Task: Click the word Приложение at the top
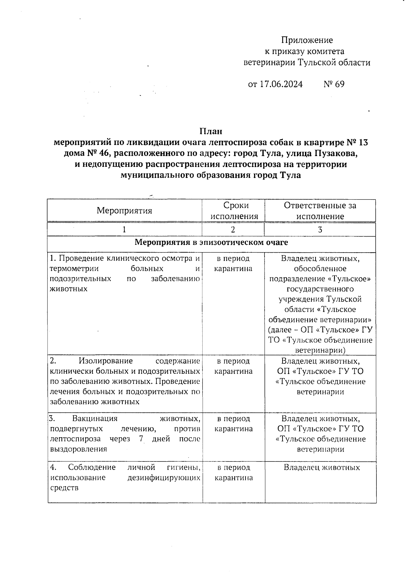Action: pos(307,40)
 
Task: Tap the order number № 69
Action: pos(334,84)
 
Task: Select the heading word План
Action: pos(211,131)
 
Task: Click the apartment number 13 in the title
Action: pos(362,142)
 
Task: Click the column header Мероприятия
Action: pos(124,210)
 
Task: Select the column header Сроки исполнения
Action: pos(234,211)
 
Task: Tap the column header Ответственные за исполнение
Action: pos(320,211)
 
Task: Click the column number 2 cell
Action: pos(233,230)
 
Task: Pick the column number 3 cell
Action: pos(320,230)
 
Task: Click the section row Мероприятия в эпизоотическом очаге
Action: pos(211,242)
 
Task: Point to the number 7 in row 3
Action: pos(141,439)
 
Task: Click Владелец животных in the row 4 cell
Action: pos(321,468)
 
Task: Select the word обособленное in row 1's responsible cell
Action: pos(320,269)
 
